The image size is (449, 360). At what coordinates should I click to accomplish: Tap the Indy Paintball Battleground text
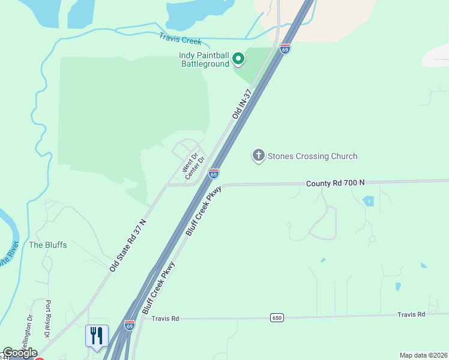click(204, 59)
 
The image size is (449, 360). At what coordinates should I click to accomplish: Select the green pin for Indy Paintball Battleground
click(238, 59)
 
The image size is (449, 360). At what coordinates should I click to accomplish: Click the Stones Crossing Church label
click(313, 156)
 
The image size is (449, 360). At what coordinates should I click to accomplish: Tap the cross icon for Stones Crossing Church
click(259, 156)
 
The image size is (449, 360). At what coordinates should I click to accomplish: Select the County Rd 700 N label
click(335, 182)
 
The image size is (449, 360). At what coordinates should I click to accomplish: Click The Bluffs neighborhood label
click(48, 245)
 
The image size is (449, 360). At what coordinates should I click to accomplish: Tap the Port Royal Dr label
click(48, 318)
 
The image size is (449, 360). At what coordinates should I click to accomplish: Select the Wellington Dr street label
click(28, 328)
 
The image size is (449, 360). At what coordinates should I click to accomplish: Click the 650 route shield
click(276, 317)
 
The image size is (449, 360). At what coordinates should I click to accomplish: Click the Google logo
click(20, 353)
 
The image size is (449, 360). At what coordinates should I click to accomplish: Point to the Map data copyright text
click(423, 355)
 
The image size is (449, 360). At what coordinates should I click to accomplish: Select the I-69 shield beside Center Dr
click(213, 173)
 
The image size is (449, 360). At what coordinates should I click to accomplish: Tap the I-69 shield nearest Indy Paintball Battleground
click(285, 49)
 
